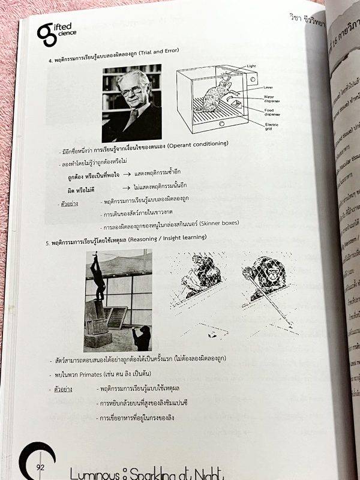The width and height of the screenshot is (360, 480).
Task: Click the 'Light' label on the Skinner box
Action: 251,66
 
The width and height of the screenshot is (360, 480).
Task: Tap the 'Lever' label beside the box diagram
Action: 268,88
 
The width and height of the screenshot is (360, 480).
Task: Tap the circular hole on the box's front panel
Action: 221,124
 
